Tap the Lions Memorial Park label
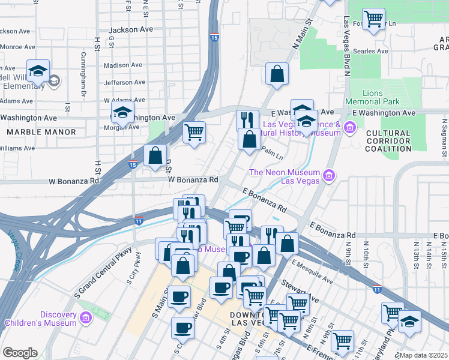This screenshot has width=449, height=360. [381, 97]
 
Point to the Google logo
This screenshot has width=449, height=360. [20, 353]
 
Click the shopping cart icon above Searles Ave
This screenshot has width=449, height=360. [373, 19]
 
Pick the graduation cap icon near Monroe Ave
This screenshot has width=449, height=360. [38, 71]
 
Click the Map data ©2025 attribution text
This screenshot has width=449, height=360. [423, 355]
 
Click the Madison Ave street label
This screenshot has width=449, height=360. [123, 65]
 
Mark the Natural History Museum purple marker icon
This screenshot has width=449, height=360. [351, 127]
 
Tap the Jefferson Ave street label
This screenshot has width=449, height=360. [124, 83]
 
